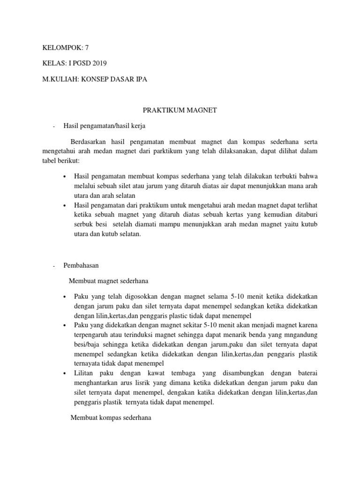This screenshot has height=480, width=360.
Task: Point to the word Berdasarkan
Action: pyautogui.click(x=89, y=142)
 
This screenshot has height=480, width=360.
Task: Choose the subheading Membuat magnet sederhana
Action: pyautogui.click(x=108, y=281)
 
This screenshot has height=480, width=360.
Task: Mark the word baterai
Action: pyautogui.click(x=305, y=373)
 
